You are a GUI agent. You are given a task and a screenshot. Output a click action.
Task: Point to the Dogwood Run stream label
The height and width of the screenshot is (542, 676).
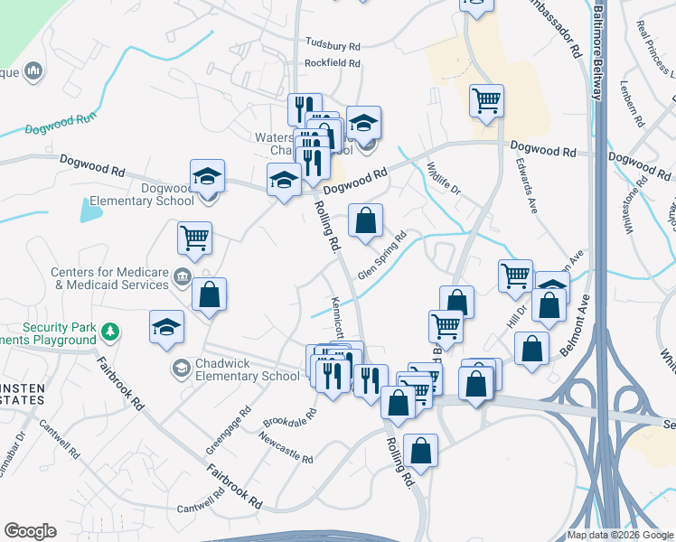coord(61,129)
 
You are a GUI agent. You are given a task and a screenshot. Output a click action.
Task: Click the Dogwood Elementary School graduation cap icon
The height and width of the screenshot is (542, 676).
coord(207,175)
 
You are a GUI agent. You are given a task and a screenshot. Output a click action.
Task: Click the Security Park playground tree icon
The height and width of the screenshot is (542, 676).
coord(110,332)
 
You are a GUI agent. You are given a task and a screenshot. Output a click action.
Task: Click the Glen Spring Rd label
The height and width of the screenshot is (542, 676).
coord(381,257)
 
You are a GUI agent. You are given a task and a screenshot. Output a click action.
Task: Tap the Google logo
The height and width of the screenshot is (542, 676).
coord(30,531)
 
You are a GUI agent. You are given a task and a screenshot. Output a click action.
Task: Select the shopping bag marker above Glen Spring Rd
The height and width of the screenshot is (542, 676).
coord(366,220)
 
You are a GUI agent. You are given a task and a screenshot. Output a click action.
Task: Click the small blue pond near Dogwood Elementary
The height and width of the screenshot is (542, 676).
coord(90,210)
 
